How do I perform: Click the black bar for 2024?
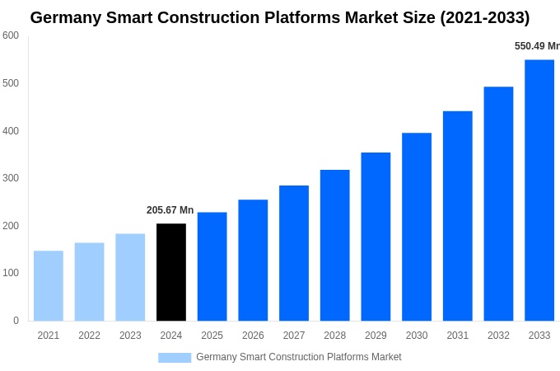click(171, 272)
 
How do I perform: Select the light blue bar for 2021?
click(49, 285)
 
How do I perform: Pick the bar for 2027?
click(294, 253)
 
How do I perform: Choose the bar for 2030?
click(417, 227)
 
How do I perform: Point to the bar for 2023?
click(130, 277)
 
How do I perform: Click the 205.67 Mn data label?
click(170, 210)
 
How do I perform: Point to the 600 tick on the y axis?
click(11, 35)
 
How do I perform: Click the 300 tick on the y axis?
click(11, 178)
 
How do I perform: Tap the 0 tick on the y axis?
click(16, 321)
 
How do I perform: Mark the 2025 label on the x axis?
click(212, 336)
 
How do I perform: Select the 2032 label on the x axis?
click(498, 336)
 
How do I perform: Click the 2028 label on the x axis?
click(334, 336)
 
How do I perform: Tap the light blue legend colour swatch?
click(175, 358)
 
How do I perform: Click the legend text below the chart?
click(299, 357)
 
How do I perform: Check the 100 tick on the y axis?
click(11, 273)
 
